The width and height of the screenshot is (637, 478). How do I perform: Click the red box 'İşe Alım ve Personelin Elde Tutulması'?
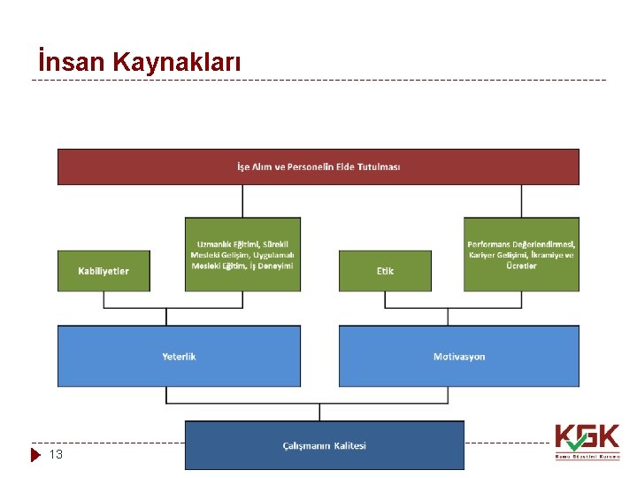pos(318,166)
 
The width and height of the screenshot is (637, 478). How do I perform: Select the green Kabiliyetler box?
pos(104,271)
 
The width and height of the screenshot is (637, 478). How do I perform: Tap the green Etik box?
pos(385,271)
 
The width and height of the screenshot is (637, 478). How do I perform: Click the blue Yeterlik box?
pos(179,356)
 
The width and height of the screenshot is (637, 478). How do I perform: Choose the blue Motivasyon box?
pos(459,356)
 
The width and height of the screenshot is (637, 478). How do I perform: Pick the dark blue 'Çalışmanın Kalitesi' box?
pos(324,445)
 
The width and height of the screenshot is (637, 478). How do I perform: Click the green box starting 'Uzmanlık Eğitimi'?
pos(242,255)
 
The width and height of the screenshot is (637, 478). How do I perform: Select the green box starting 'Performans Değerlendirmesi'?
pos(521,255)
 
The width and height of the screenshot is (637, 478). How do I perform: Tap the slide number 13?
pos(56,455)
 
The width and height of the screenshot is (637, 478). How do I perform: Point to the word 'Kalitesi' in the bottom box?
pos(350,445)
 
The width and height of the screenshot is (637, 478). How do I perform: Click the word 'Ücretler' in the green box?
pos(521,266)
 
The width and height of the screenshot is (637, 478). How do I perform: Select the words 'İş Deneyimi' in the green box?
pos(272,266)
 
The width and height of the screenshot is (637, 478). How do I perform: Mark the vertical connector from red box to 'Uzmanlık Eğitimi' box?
pos(242,201)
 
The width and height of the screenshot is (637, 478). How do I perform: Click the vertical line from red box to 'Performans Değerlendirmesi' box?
pos(521,201)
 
